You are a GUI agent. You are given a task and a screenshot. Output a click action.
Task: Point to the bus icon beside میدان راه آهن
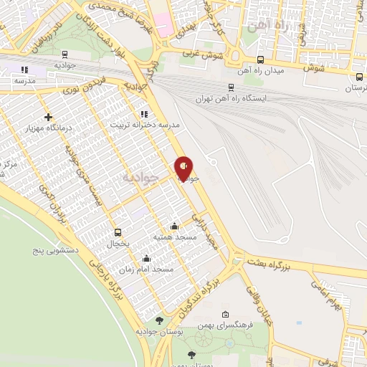(259, 60)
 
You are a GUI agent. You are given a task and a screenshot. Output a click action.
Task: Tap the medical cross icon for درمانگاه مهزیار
(48, 117)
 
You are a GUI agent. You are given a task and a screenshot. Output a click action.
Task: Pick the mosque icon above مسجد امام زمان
(147, 259)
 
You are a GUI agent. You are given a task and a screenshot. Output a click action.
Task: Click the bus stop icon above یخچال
(118, 232)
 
